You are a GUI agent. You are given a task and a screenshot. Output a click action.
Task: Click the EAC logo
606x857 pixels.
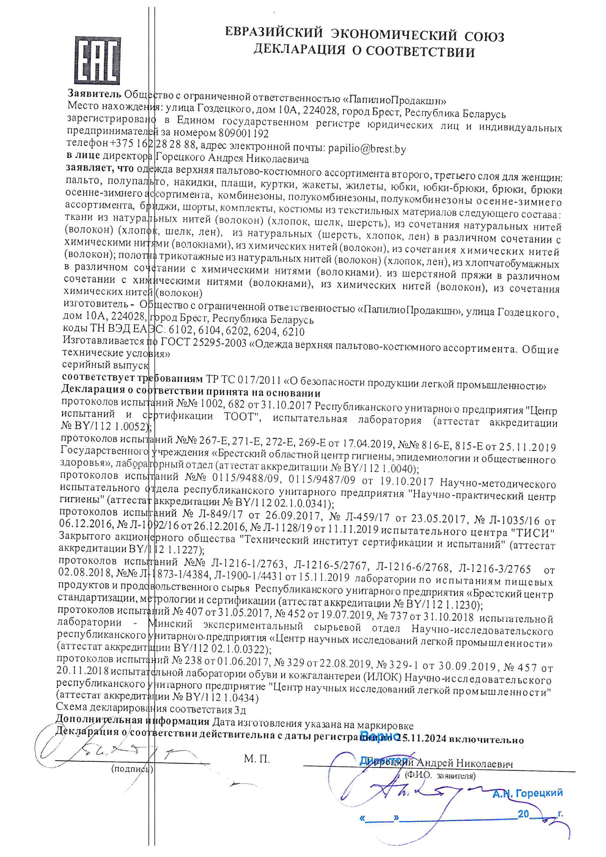pos(98,60)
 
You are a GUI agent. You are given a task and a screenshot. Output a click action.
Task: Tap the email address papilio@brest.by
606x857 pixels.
pos(367,149)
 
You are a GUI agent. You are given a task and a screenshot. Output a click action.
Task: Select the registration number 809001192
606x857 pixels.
pos(243,133)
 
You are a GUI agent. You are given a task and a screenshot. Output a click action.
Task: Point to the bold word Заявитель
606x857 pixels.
pos(95,93)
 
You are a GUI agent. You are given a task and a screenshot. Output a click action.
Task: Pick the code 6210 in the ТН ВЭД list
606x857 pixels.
pos(293,331)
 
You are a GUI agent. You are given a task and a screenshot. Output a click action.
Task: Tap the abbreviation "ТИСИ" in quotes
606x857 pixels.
pos(532,532)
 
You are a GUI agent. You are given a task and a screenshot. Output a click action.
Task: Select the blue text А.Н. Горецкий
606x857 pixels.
pos(527,793)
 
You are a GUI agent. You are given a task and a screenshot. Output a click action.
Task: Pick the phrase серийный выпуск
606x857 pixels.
pos(105,365)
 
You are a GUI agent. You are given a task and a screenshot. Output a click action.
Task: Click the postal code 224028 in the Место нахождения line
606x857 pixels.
pos(320,111)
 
